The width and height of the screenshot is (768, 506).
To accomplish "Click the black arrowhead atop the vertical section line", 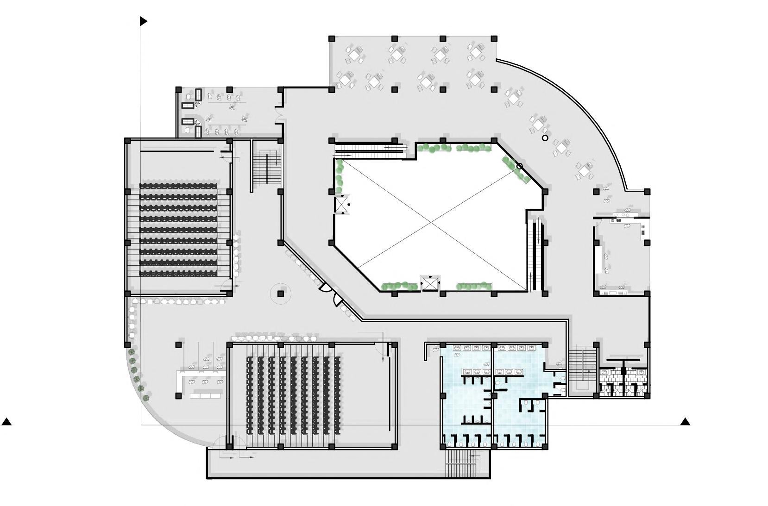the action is point(144,21).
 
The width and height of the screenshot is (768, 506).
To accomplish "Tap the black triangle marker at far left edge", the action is point(6,421).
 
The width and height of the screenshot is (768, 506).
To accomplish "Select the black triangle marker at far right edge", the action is point(685,421).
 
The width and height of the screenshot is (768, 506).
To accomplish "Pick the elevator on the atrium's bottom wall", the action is point(430,283).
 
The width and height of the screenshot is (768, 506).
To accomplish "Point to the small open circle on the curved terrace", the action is point(545,137).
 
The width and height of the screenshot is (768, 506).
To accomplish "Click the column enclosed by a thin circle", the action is point(280,294).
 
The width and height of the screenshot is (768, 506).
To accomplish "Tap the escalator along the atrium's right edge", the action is point(536,255).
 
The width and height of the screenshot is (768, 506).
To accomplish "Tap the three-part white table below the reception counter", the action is point(205,396).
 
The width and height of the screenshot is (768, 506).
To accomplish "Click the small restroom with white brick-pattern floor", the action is point(623,382).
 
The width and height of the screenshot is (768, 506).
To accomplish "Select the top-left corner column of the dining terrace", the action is point(332,38).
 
